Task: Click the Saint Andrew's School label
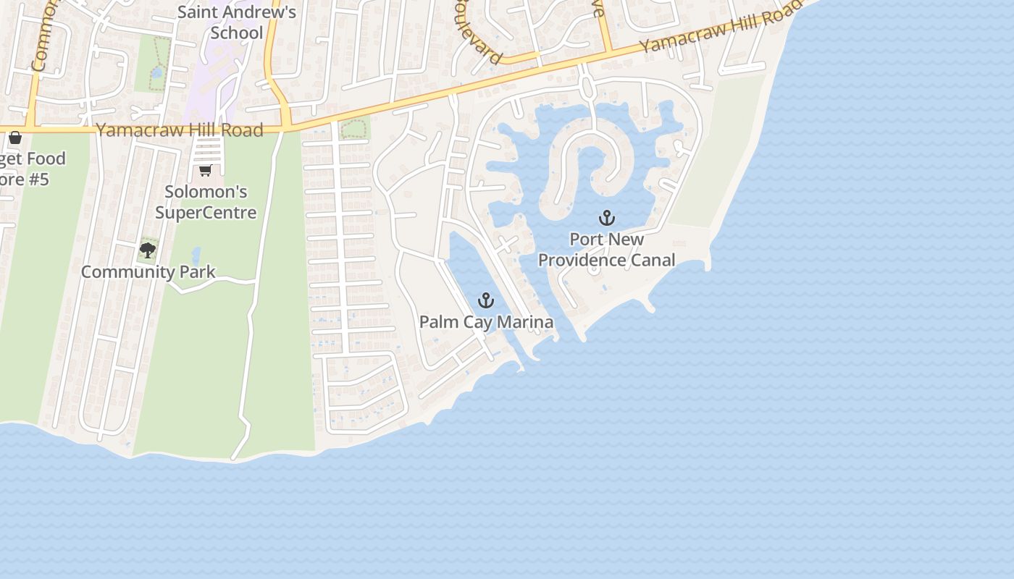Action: (237, 22)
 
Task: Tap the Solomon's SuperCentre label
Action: (206, 202)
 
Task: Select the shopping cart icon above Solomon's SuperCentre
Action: (205, 171)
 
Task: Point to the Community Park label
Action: (148, 272)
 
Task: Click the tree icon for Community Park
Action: (148, 250)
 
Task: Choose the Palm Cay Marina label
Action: (486, 322)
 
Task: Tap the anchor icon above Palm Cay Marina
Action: (485, 300)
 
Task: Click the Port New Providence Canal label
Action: (606, 250)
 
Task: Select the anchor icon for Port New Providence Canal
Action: (606, 217)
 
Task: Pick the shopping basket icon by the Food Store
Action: (14, 138)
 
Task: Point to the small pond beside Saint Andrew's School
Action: (157, 72)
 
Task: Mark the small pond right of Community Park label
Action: (196, 255)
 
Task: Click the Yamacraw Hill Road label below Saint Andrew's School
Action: (180, 130)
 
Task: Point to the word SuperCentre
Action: (206, 212)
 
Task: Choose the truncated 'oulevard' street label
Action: (479, 36)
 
